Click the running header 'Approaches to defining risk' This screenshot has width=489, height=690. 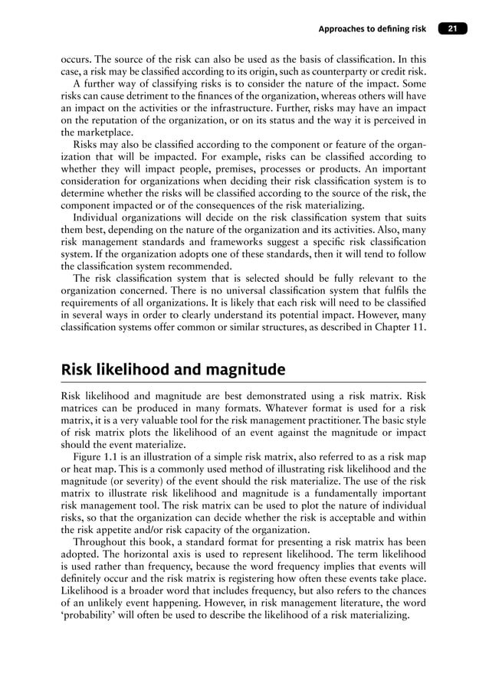pos(373,30)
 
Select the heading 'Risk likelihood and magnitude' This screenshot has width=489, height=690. pos(172,370)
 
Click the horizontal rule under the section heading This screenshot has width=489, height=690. pos(244,381)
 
